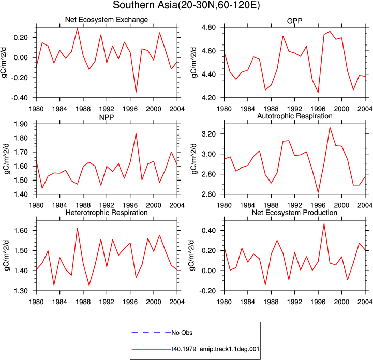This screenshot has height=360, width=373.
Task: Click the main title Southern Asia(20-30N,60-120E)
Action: (x=186, y=5)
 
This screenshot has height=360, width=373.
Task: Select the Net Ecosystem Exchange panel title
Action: (x=107, y=20)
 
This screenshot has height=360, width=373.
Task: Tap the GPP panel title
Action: (x=294, y=21)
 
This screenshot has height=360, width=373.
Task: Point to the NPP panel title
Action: (x=107, y=117)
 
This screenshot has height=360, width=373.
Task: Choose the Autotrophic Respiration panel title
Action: (x=295, y=116)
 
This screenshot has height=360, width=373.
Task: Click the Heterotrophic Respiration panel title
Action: (x=107, y=213)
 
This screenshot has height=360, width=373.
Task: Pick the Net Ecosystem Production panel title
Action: (x=294, y=213)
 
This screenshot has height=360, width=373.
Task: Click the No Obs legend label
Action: (x=182, y=333)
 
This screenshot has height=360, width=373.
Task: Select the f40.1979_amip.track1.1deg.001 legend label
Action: (x=215, y=349)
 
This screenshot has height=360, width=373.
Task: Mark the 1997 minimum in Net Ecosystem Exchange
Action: (x=136, y=92)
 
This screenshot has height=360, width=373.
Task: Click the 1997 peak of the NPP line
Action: (x=136, y=133)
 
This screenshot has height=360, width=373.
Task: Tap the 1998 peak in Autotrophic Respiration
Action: (x=330, y=127)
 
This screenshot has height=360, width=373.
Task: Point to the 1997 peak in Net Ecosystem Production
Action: (x=324, y=224)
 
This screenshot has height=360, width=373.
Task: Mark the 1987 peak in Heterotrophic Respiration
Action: (x=77, y=228)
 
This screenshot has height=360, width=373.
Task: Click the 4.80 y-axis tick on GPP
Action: (x=208, y=27)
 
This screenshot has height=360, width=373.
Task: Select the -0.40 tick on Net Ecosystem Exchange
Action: (x=20, y=98)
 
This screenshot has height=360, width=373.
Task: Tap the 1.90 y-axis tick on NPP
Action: (x=21, y=124)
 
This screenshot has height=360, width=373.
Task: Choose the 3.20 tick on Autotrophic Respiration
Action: (x=208, y=134)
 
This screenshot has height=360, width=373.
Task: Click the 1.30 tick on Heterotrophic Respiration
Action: (x=21, y=291)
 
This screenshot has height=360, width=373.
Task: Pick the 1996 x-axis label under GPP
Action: (x=318, y=109)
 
